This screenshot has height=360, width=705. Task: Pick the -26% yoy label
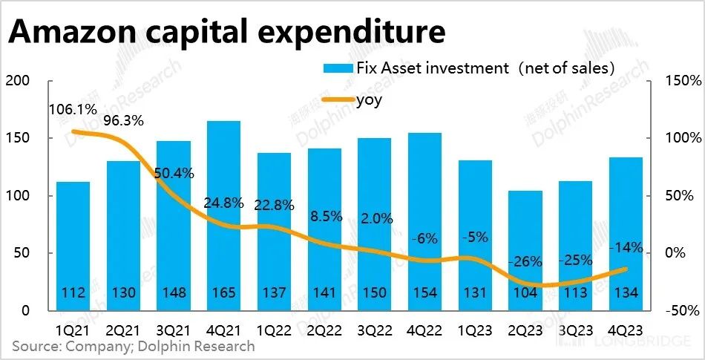(x=526, y=261)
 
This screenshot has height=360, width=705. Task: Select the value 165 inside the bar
(x=223, y=293)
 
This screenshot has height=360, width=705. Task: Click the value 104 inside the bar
(x=525, y=293)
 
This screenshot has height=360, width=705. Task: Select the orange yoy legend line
(x=338, y=99)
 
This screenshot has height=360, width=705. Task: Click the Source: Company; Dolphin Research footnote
(x=134, y=346)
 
